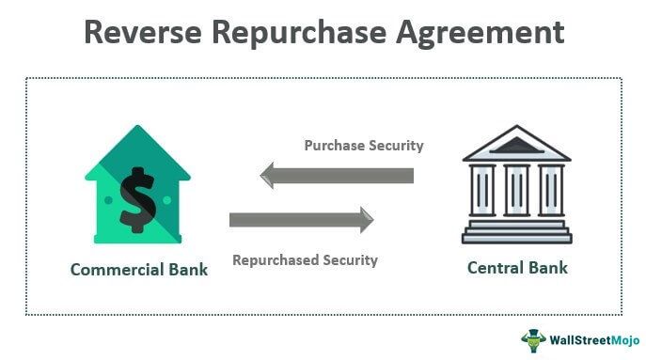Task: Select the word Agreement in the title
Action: [x=485, y=33]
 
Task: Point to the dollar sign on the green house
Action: [x=137, y=199]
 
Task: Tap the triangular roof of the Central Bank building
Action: [x=515, y=144]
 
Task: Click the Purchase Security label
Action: [x=363, y=146]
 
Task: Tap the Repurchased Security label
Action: [x=305, y=258]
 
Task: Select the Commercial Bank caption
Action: [x=138, y=270]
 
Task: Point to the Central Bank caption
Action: [x=517, y=268]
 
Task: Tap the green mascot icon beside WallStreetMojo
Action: [x=533, y=338]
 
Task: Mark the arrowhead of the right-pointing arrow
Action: [x=364, y=220]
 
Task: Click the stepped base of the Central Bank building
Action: [x=515, y=231]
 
